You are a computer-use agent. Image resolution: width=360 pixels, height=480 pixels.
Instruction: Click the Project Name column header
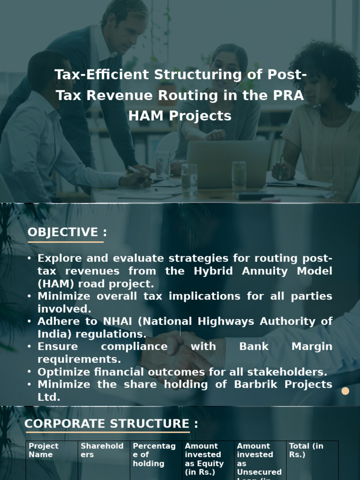44,450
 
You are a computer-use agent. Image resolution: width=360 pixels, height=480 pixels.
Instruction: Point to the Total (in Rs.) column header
306,450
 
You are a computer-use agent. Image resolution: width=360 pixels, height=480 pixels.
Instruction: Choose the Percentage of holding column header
154,455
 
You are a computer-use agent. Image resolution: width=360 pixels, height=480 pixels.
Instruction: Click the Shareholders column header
102,450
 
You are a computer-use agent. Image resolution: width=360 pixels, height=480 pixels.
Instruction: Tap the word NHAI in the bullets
121,322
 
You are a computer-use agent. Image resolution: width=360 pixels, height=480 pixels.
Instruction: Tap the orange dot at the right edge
345,391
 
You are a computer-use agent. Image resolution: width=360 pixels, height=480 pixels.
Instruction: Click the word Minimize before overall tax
65,296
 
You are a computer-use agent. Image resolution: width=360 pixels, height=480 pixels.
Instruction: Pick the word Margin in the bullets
312,346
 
